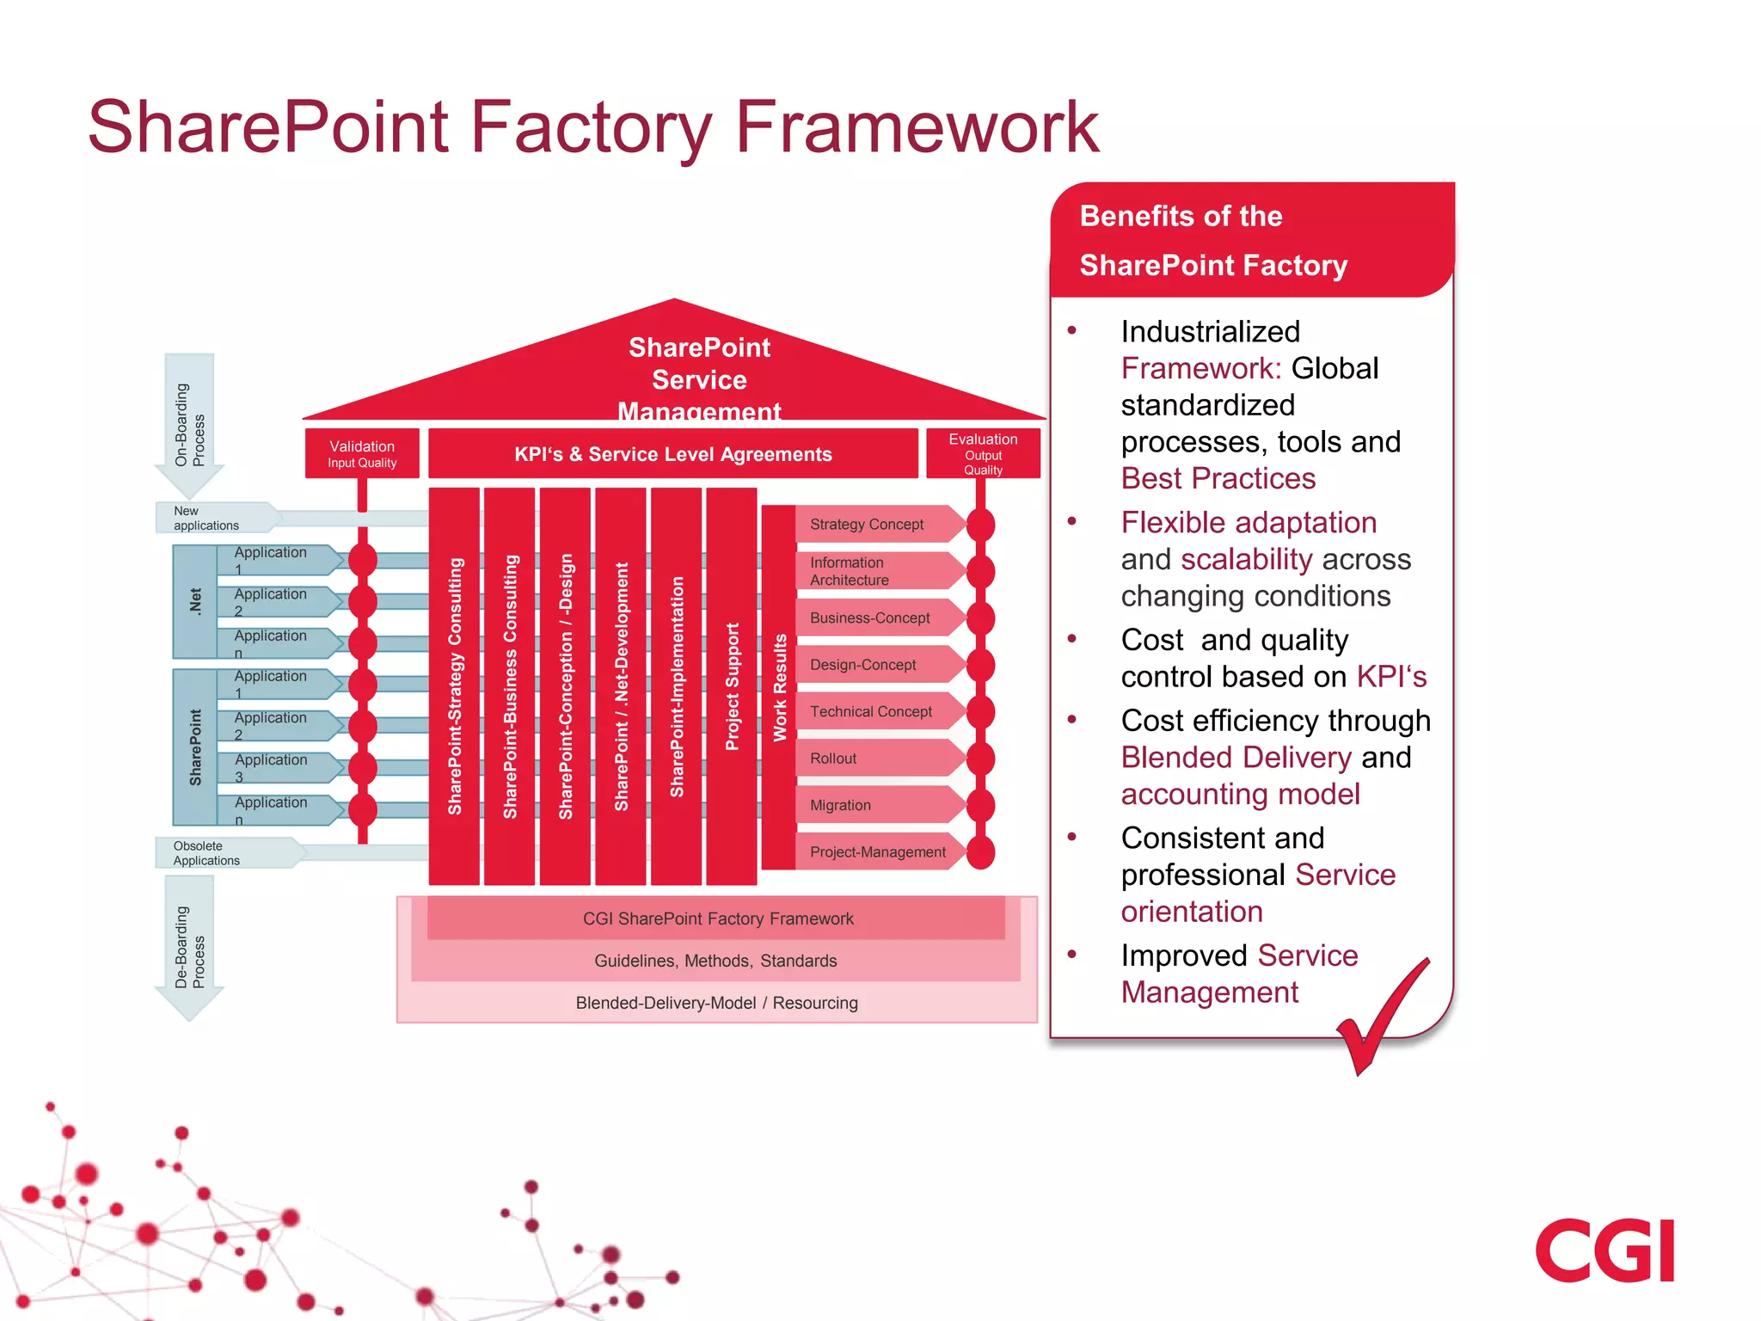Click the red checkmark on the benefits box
(x=1380, y=1019)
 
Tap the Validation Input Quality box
(x=362, y=453)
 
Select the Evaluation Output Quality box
(x=983, y=453)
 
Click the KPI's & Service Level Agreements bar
(x=672, y=454)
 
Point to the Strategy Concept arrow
(x=877, y=524)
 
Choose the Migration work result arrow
(x=877, y=805)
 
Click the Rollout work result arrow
(x=877, y=759)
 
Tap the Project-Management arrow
(x=877, y=851)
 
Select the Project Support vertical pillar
(x=732, y=686)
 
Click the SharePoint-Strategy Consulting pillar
(x=454, y=686)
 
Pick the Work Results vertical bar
(x=779, y=686)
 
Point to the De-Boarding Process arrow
(x=189, y=946)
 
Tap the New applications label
(x=206, y=518)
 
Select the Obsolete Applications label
(x=206, y=853)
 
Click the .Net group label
(x=195, y=601)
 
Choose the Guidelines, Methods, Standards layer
(x=715, y=961)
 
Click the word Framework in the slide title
(x=917, y=127)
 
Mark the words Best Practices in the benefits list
(x=1218, y=478)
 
